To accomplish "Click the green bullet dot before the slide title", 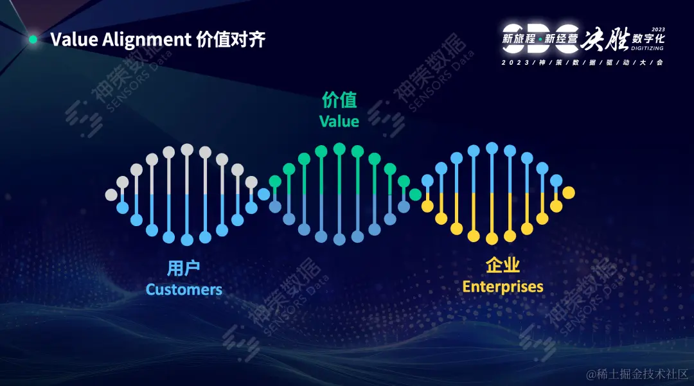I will pyautogui.click(x=33, y=40).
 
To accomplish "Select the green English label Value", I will pyautogui.click(x=339, y=121).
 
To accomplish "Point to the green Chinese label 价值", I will pyautogui.click(x=339, y=101).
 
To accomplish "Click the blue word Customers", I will pyautogui.click(x=184, y=290).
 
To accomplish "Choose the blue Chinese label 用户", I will pyautogui.click(x=183, y=268).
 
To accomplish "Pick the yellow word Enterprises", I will pyautogui.click(x=503, y=286).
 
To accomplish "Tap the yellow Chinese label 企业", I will pyautogui.click(x=503, y=265).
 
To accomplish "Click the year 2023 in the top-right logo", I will pyautogui.click(x=658, y=30).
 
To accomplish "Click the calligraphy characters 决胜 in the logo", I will pyautogui.click(x=605, y=39).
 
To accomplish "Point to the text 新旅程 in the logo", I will pyautogui.click(x=519, y=39).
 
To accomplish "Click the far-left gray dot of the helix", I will pyautogui.click(x=111, y=195).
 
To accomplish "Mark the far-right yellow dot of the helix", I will pyautogui.click(x=568, y=192).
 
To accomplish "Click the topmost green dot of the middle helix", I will pyautogui.click(x=339, y=149).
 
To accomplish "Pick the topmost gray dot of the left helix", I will pyautogui.click(x=187, y=149).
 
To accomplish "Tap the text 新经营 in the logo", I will pyautogui.click(x=562, y=39).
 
